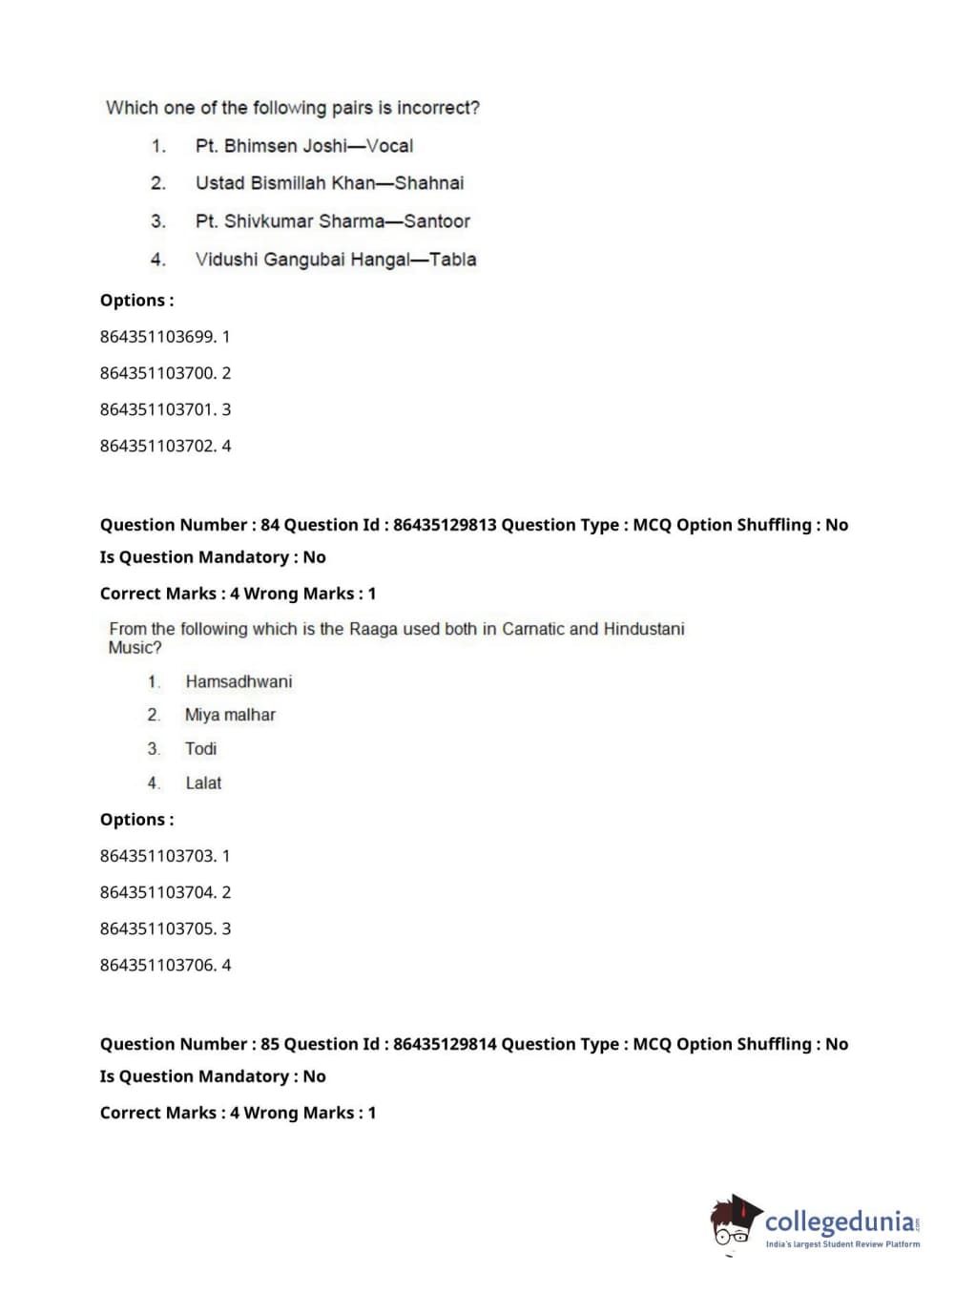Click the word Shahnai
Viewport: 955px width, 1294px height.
429,183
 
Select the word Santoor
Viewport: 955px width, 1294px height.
437,221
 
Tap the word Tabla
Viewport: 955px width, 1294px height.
452,260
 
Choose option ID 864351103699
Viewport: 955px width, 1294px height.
157,337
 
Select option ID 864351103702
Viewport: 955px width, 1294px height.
157,446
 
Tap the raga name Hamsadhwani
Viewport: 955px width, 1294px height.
239,681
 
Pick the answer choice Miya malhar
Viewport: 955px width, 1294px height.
230,715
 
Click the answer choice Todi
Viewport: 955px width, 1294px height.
200,749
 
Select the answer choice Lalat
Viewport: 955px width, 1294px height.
203,783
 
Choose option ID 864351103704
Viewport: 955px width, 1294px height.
157,892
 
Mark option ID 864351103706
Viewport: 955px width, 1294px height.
157,965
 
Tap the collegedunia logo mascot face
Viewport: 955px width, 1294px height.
733,1224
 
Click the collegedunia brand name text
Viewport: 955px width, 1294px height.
840,1221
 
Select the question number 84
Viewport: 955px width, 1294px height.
270,525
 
